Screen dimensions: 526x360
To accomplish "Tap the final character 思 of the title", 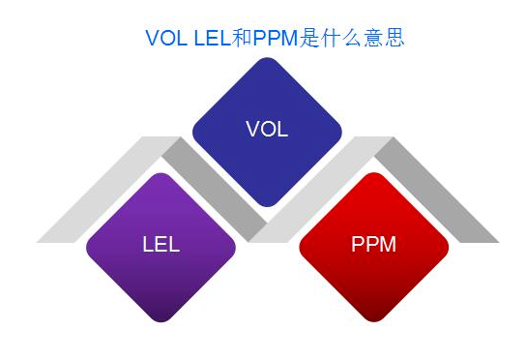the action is pos(394,38).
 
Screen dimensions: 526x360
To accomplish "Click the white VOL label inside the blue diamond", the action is pos(267,129).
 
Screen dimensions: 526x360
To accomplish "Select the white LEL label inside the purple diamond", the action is pos(161,244).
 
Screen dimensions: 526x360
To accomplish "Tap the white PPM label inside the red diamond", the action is pos(373,244).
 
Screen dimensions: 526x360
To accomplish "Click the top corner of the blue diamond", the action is pos(268,60).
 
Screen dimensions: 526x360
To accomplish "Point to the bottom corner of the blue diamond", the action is pos(268,204).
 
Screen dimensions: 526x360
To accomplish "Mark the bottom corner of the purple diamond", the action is pos(161,319).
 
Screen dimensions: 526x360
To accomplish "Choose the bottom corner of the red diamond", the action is pos(374,319).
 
